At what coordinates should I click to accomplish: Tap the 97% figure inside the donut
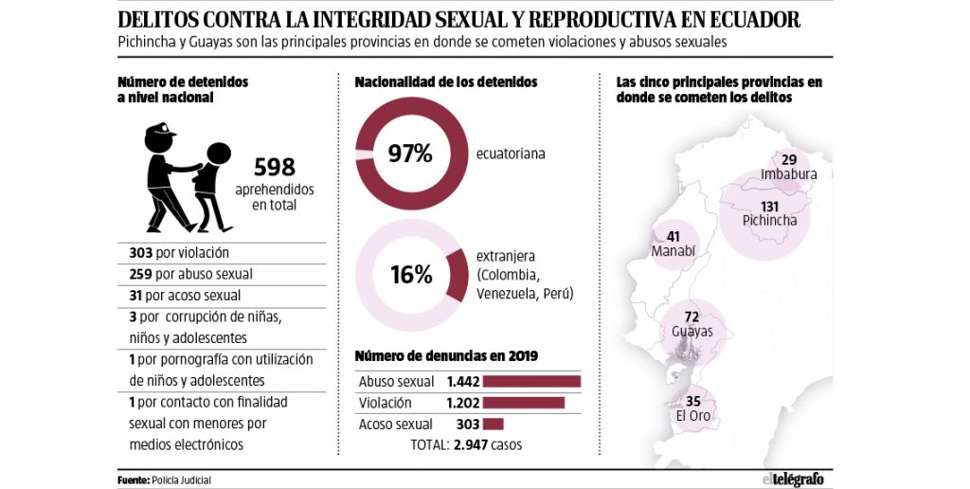(x=410, y=153)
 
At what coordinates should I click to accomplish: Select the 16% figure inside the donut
(x=410, y=275)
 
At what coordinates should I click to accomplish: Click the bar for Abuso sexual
(x=530, y=382)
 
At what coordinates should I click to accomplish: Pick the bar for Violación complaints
(x=523, y=403)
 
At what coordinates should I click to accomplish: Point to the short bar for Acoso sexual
(x=493, y=425)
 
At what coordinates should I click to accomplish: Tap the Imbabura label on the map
(x=788, y=174)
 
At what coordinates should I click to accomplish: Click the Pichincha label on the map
(x=769, y=220)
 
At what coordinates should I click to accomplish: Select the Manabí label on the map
(x=674, y=251)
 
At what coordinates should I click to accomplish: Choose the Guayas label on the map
(x=692, y=332)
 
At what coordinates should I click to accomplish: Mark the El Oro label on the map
(x=692, y=415)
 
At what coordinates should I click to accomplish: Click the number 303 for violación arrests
(x=143, y=253)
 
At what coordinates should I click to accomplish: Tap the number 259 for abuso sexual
(x=143, y=274)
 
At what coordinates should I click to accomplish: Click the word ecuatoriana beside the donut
(x=512, y=153)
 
